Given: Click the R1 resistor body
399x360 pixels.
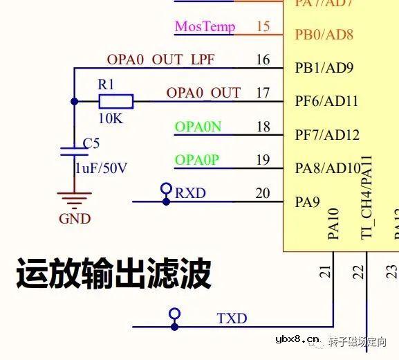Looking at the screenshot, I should tap(115, 102).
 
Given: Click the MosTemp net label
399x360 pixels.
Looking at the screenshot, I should tap(205, 27).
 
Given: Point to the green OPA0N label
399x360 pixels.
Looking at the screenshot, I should tap(198, 127).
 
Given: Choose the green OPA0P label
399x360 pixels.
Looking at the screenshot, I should tap(197, 161).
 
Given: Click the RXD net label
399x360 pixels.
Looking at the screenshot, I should tap(190, 192).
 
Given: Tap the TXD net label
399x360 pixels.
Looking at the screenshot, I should tap(232, 318).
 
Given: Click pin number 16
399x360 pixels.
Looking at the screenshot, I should tap(263, 60).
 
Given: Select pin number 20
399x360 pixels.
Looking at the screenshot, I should tap(263, 193).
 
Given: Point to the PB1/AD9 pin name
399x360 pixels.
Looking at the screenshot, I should tap(324, 68).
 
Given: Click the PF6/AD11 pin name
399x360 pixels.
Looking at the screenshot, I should tap(326, 101).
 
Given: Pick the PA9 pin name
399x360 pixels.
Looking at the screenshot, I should tap(307, 202).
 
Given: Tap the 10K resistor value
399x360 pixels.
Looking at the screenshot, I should tap(111, 118).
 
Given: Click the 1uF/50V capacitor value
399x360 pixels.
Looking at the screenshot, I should tap(101, 168).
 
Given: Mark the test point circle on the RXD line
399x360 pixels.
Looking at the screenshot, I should tap(166, 188).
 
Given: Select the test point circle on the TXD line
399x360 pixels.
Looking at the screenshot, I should tap(175, 314).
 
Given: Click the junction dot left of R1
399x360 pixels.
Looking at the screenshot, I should tap(75, 102).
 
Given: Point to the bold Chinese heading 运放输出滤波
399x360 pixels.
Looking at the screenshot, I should tap(113, 274).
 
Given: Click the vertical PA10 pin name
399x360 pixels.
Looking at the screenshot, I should tap(333, 223).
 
